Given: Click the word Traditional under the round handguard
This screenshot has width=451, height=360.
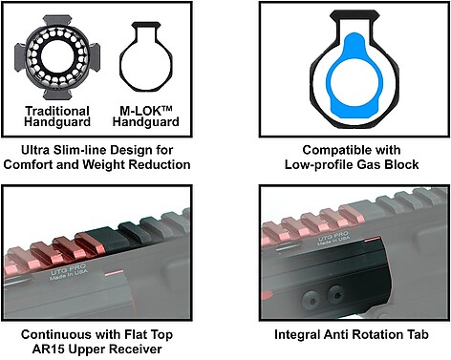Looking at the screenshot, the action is point(57,111).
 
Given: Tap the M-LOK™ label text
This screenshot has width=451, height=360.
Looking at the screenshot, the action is point(146,111).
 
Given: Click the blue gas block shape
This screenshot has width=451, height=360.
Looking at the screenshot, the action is point(354,75).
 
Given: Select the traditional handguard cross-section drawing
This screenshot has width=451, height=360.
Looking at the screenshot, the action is point(57,57).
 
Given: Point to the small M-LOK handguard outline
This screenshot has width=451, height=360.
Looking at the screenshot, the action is point(146,56).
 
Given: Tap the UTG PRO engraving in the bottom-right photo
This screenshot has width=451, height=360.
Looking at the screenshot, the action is point(333,236).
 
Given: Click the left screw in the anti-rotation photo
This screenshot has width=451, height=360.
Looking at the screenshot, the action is point(310,298).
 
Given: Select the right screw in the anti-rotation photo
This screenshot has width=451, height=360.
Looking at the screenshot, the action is point(335,293).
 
